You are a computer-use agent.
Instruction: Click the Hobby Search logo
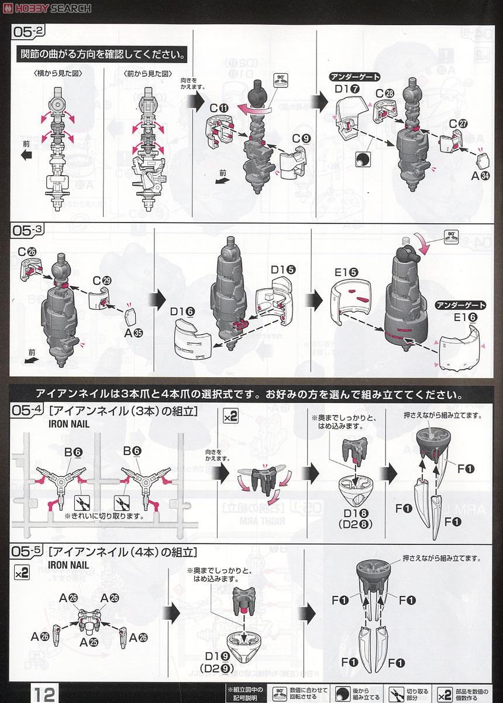click(x=47, y=8)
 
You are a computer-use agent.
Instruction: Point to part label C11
click(x=222, y=109)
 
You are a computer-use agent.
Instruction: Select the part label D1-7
click(x=347, y=88)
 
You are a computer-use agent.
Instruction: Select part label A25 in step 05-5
click(x=85, y=642)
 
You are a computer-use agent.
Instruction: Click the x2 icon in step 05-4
click(x=230, y=417)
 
